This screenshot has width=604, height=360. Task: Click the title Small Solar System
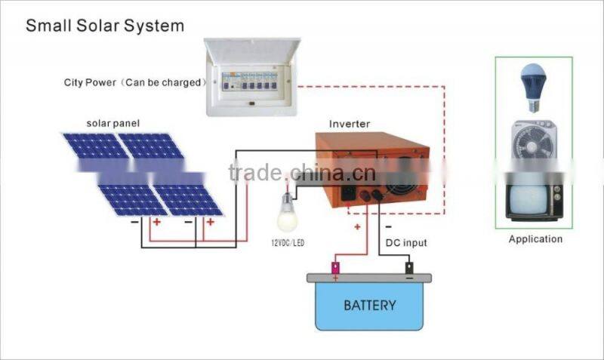[x=105, y=26]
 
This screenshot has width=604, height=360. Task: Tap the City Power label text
[x=134, y=82]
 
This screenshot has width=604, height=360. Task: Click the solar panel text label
[x=112, y=123]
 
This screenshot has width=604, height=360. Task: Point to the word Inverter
[x=350, y=123]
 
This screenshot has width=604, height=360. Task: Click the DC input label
[x=406, y=242]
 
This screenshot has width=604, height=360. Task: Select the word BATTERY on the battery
[x=369, y=305]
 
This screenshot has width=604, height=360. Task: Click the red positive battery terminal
[x=335, y=267]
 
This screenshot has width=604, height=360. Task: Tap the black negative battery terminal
[x=409, y=267]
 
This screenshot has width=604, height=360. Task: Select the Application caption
[x=535, y=239]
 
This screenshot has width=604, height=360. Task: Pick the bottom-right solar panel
[x=188, y=199]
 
